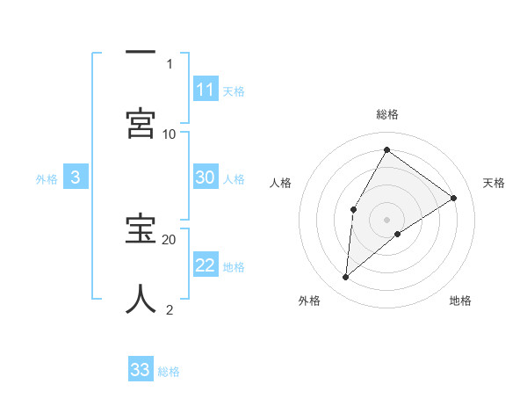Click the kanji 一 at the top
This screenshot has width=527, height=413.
tap(141, 53)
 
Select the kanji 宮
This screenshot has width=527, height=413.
tap(141, 122)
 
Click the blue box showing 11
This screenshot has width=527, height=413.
tap(206, 90)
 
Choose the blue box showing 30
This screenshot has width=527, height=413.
tap(206, 178)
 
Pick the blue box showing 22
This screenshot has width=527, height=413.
tap(206, 265)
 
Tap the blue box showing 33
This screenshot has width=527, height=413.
tap(141, 370)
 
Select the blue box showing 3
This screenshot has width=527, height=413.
tap(76, 178)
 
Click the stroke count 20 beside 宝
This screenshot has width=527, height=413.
tap(170, 239)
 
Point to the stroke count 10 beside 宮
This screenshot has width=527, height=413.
tap(170, 134)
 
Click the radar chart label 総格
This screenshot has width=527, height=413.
tap(386, 114)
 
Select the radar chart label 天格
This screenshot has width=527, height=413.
tap(494, 183)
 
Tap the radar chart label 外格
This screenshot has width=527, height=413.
tap(309, 301)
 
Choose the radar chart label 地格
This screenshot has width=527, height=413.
tap(460, 301)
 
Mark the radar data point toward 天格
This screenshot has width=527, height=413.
tap(454, 198)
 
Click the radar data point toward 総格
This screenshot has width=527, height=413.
tap(386, 150)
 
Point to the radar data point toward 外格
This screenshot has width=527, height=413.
tap(346, 278)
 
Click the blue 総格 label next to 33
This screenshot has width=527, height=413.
tap(170, 372)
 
